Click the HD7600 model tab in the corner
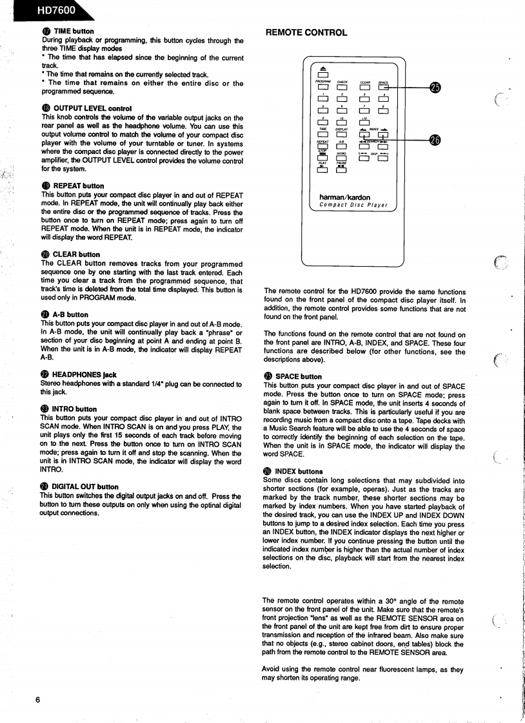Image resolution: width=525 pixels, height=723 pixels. click(48, 10)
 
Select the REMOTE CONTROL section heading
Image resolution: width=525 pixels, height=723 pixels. click(306, 33)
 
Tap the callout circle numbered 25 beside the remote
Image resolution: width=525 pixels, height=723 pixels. click(435, 87)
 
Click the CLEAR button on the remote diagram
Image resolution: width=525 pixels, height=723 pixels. click(364, 88)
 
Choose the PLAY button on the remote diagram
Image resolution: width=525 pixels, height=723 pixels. click(322, 169)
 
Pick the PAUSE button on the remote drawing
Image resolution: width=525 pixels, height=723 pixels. click(342, 169)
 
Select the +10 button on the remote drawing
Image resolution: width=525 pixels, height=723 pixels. click(364, 123)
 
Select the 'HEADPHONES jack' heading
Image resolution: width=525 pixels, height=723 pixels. click(84, 374)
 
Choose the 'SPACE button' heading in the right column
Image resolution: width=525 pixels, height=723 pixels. click(298, 376)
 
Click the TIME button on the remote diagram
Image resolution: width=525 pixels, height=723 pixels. click(322, 135)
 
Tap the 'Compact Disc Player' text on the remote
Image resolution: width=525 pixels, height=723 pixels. click(353, 206)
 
